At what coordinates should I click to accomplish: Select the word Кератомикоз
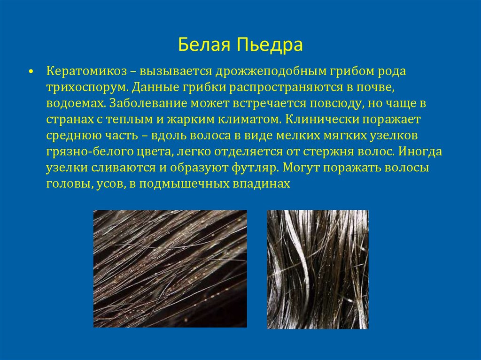[86, 72]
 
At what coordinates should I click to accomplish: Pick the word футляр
[250, 168]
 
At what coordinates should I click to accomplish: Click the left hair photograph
[170, 268]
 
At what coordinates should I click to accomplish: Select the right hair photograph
[318, 269]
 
